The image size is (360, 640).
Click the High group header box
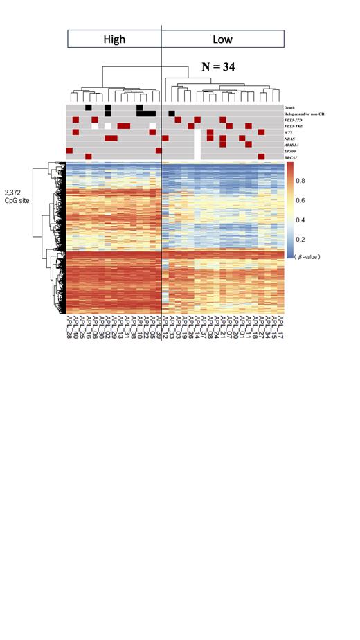(x=114, y=39)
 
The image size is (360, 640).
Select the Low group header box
(x=223, y=39)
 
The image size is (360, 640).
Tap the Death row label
(x=289, y=107)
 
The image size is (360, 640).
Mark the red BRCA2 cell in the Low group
(x=261, y=157)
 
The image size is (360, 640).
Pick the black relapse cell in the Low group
(x=172, y=114)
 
